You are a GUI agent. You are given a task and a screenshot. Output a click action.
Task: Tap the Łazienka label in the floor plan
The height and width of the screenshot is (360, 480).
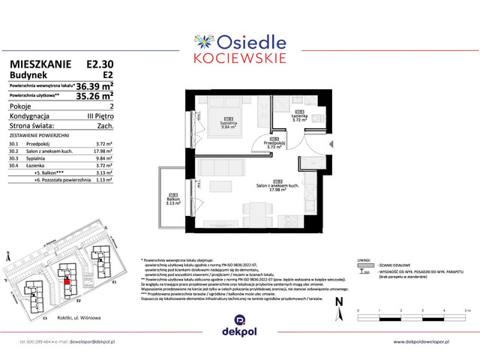(x=299, y=116)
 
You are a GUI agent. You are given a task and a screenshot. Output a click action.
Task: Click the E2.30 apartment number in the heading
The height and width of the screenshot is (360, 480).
(x=100, y=65)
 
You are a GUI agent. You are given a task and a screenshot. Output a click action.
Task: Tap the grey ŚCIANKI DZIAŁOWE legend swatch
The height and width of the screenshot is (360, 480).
(x=365, y=265)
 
